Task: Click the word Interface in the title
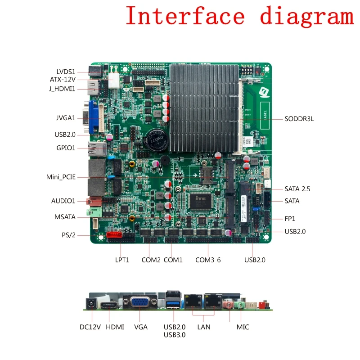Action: [x=185, y=16]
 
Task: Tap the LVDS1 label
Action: [x=66, y=72]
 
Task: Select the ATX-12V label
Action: [x=63, y=80]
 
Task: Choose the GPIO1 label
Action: [x=66, y=148]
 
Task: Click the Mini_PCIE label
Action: [x=61, y=177]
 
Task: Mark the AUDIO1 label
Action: [x=63, y=201]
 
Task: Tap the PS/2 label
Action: [x=68, y=235]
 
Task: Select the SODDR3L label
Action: [x=299, y=119]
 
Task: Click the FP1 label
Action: [x=290, y=219]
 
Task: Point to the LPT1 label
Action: [x=122, y=260]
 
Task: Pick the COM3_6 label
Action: [x=208, y=260]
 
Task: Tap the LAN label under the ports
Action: [x=203, y=327]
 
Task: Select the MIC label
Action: [x=243, y=327]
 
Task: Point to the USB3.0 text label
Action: [x=175, y=335]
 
